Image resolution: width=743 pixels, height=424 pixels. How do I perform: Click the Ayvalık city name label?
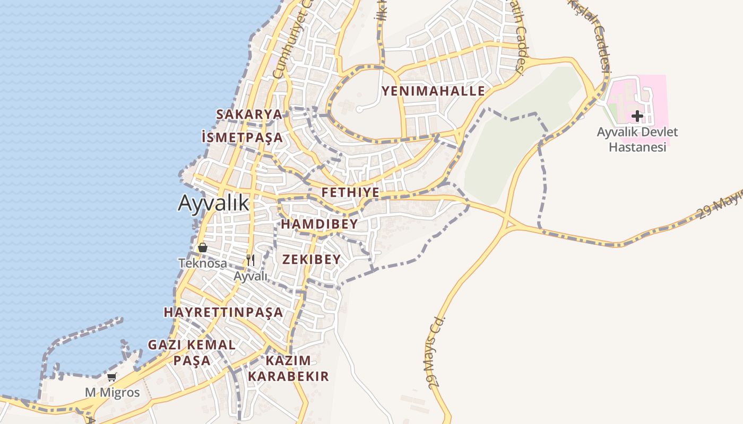click(x=213, y=203)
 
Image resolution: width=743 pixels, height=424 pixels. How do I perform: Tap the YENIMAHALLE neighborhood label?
click(x=433, y=91)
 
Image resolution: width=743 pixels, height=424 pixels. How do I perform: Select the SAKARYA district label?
click(x=249, y=114)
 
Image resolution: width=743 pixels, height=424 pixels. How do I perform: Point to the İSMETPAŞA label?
click(x=242, y=138)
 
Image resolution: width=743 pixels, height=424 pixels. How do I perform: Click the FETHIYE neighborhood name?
click(x=350, y=192)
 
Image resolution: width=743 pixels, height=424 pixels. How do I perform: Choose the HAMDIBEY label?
click(x=319, y=224)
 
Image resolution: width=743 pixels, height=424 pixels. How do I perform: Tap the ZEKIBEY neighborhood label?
click(x=311, y=259)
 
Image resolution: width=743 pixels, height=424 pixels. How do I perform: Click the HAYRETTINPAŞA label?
click(x=223, y=312)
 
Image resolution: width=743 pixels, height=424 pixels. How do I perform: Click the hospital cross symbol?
click(x=637, y=116)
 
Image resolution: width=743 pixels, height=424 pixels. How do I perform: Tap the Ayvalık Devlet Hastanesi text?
click(x=637, y=139)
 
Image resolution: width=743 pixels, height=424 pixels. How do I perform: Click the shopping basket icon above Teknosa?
click(x=202, y=248)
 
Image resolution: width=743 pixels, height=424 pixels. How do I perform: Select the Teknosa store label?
click(x=202, y=263)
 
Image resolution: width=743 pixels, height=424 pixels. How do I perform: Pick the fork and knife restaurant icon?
click(x=250, y=260)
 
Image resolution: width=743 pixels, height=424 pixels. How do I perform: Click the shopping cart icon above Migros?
click(x=112, y=377)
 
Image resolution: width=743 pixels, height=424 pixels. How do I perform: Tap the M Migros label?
click(x=113, y=393)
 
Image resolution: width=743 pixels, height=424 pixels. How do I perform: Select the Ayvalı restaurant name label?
click(x=250, y=276)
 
